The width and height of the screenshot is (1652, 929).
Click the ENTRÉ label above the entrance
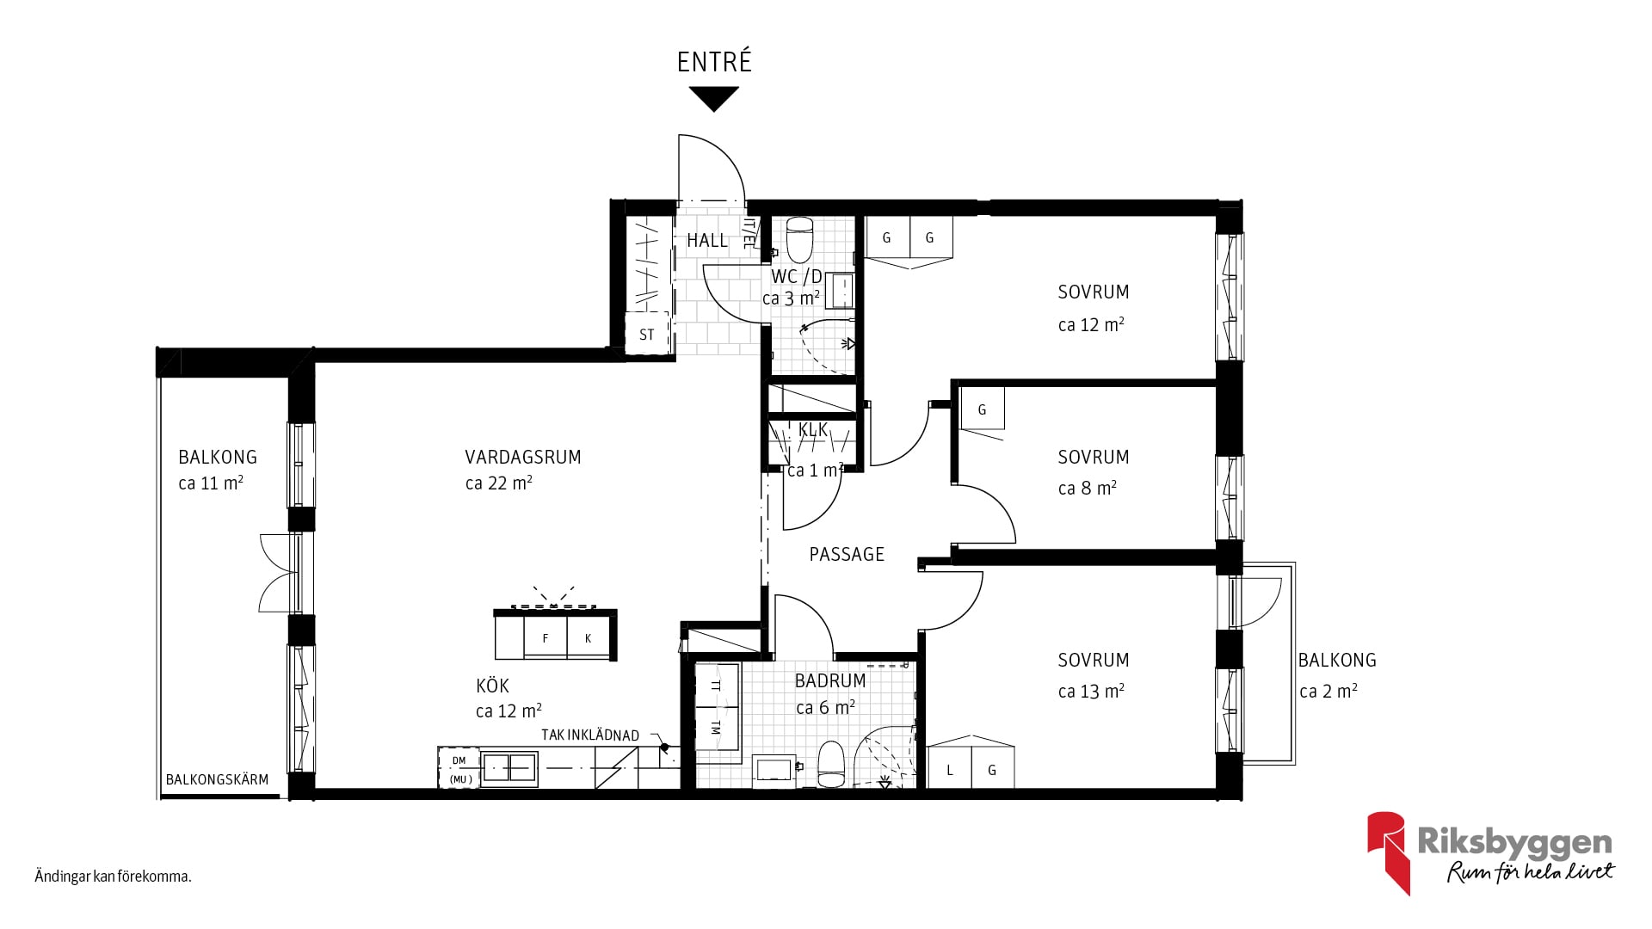[x=714, y=61]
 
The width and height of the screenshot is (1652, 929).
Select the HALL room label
[x=707, y=241]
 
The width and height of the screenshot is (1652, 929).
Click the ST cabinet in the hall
[x=647, y=335]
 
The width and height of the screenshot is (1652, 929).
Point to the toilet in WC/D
[x=800, y=239]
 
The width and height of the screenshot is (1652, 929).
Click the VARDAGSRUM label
[x=523, y=457]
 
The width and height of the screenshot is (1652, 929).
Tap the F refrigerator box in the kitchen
[x=546, y=638]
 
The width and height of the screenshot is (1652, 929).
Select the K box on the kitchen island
[x=589, y=638]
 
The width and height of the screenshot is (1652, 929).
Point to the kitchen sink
[x=509, y=767]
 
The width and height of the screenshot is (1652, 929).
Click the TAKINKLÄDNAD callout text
[x=590, y=735]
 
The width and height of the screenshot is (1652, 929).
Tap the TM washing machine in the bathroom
[x=717, y=728]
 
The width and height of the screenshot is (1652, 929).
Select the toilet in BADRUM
[x=832, y=765]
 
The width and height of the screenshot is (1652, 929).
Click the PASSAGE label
[x=847, y=555]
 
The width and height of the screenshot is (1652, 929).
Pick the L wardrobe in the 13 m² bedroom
[x=949, y=768]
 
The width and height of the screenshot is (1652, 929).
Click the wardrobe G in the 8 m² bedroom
[x=982, y=409]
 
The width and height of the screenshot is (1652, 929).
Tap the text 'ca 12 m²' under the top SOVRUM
[x=1091, y=325]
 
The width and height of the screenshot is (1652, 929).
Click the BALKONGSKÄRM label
[x=217, y=779]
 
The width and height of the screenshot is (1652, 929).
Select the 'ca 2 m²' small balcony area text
[x=1328, y=692]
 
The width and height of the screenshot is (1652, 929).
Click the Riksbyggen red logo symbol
[x=1389, y=852]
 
